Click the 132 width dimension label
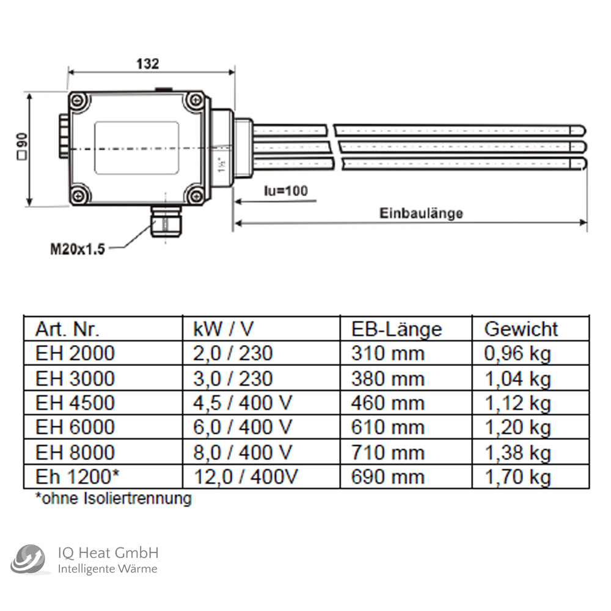tap(147, 64)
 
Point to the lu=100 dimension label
tap(285, 191)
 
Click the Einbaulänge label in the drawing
tap(421, 213)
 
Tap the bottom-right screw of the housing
tap(195, 196)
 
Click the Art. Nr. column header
tap(67, 329)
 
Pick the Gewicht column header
tap(521, 329)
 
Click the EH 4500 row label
tap(75, 403)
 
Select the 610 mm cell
tap(387, 428)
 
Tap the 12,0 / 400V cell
tap(245, 477)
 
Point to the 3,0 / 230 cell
tap(232, 378)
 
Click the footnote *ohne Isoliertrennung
tap(114, 499)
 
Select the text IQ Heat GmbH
tap(108, 553)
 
